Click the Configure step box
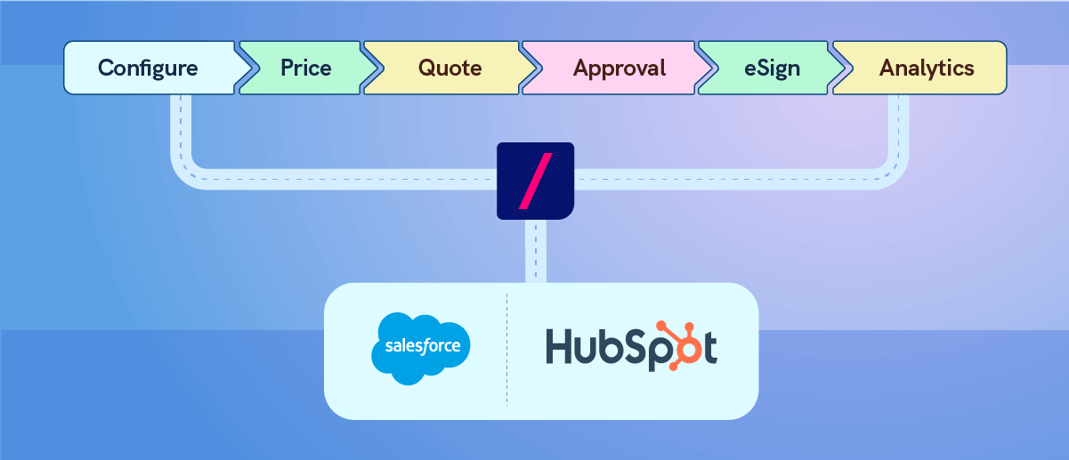tap(147, 68)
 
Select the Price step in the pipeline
tap(305, 68)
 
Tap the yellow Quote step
tap(449, 68)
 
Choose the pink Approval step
tap(619, 68)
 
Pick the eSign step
tap(772, 68)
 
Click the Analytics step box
tap(927, 68)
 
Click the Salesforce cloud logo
tap(420, 348)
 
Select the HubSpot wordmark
tap(630, 347)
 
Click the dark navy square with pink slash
tap(535, 181)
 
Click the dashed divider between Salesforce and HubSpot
tap(506, 349)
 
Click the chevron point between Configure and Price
tap(247, 68)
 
